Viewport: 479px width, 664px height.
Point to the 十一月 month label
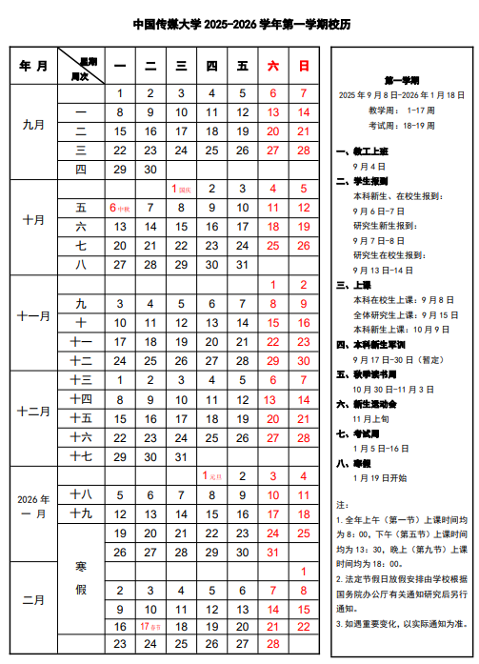tap(33, 315)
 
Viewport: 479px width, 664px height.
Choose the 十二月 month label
tap(33, 412)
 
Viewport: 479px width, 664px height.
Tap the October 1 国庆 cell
tap(181, 189)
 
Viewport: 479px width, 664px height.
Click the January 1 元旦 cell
tap(211, 475)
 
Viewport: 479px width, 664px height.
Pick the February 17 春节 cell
tap(150, 627)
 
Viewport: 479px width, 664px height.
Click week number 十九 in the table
tap(81, 513)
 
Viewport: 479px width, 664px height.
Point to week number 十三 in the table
tap(81, 379)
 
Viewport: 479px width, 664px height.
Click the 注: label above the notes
tap(342, 503)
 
